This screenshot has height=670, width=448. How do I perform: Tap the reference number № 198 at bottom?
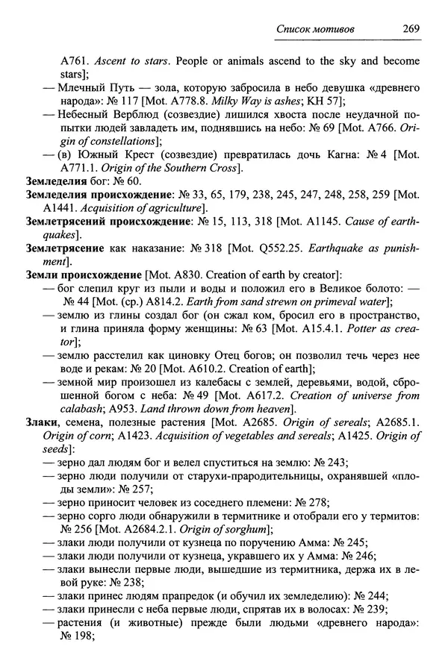pos(76,636)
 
